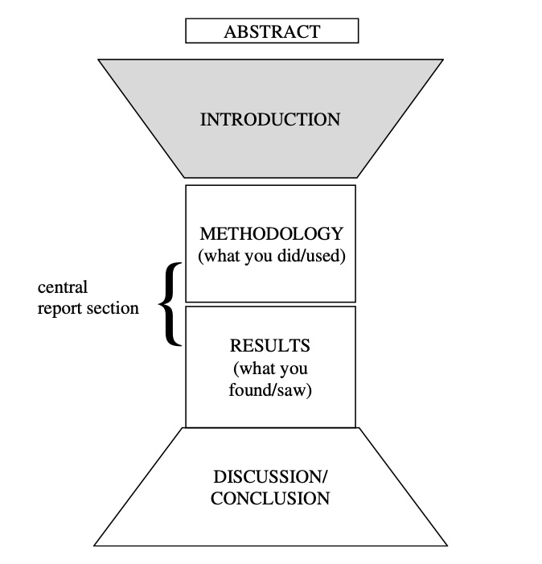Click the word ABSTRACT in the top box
pos(272,32)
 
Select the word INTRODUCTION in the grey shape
pos(270,120)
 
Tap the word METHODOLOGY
pos(271,234)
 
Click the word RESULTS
pos(270,346)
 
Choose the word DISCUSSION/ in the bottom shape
pos(270,476)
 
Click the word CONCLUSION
pos(270,499)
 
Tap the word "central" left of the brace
pos(63,286)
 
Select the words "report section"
pos(88,308)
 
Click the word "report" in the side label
pos(60,308)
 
